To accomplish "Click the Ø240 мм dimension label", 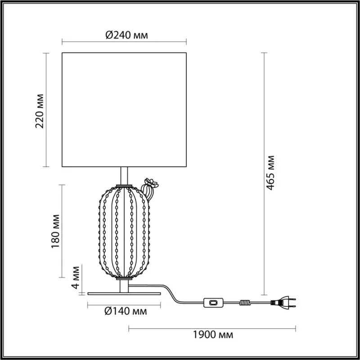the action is pos(127,36).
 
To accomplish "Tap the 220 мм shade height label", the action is pos(40,111).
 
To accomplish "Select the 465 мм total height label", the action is pos(270,173).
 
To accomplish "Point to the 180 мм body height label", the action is pos(55,231).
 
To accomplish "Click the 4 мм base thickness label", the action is pos(76,277).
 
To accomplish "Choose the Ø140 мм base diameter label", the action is pos(126,311).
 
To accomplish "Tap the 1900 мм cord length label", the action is pos(213,335).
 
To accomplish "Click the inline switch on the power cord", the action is pos(213,302).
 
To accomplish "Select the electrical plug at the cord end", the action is pos(283,302).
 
